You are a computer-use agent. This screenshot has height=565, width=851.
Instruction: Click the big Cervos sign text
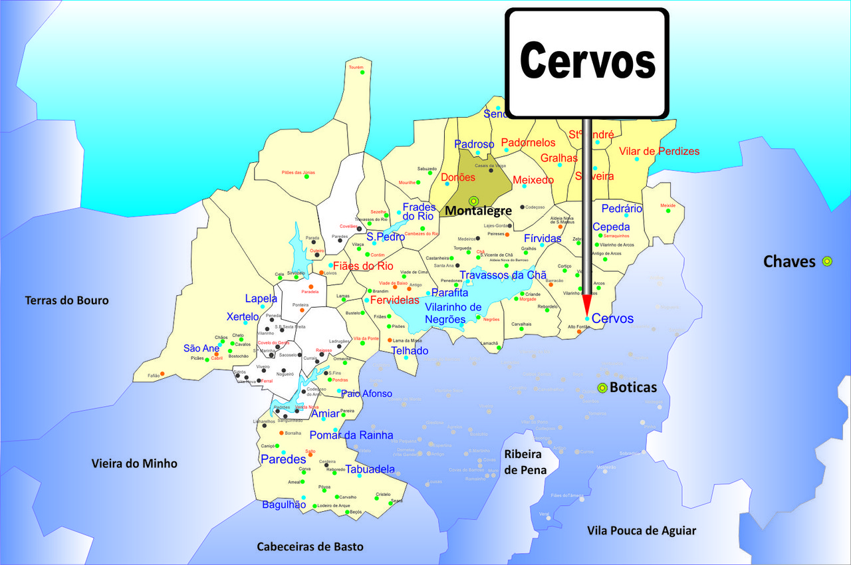(x=588, y=61)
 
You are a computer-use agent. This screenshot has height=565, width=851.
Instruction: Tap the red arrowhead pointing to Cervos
(x=587, y=305)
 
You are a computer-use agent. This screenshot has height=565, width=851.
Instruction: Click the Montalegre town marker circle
(x=473, y=201)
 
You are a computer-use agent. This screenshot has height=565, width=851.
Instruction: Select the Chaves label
(x=789, y=261)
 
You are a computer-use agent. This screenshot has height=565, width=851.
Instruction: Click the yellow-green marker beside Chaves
(x=827, y=261)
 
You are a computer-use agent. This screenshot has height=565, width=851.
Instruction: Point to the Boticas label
(x=633, y=388)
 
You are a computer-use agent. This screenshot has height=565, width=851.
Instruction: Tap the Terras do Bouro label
(x=66, y=300)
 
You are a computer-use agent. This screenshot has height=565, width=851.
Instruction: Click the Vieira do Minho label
(x=134, y=463)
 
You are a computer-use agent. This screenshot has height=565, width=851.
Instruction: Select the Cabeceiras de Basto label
(x=310, y=546)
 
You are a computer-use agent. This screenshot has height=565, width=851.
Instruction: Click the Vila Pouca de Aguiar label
(x=642, y=530)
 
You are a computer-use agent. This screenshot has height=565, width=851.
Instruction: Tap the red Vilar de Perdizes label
(x=659, y=152)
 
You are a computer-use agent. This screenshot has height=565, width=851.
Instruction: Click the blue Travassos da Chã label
(x=503, y=275)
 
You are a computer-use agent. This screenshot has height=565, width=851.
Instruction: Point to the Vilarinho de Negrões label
(x=453, y=313)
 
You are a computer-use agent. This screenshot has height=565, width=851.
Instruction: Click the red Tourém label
(x=356, y=67)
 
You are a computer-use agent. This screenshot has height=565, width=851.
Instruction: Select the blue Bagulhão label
(x=284, y=505)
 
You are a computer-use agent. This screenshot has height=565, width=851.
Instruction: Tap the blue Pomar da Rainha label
(x=352, y=435)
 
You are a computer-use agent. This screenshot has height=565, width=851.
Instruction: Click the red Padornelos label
(x=528, y=143)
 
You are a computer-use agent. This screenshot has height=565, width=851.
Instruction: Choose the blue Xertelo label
(x=243, y=316)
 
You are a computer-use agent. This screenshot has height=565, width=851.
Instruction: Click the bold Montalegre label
(x=478, y=211)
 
